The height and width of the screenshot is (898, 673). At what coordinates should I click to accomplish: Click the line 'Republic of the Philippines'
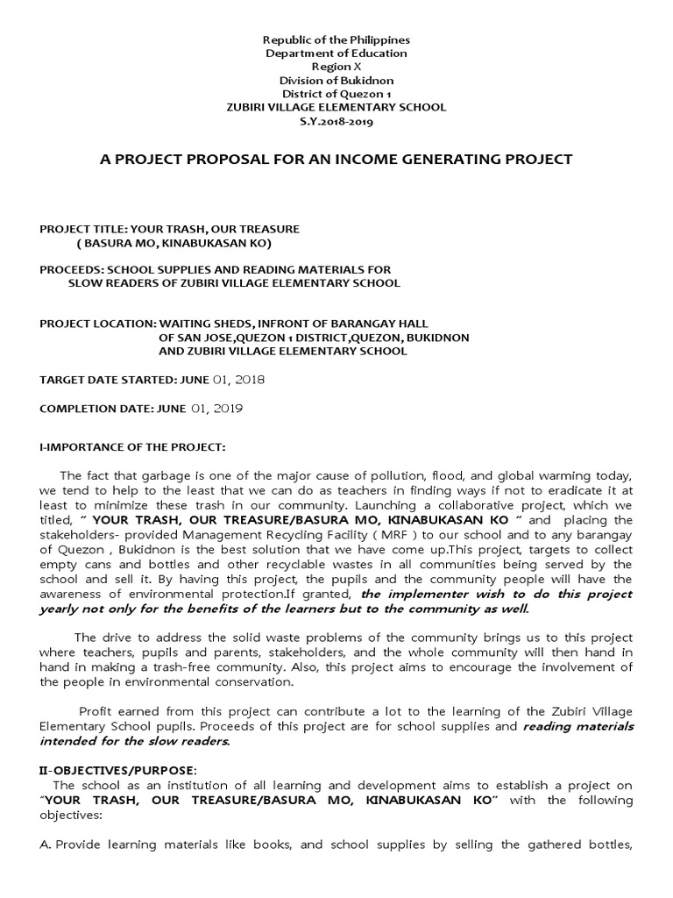(x=336, y=40)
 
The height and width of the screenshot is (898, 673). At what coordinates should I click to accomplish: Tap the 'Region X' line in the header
(x=336, y=67)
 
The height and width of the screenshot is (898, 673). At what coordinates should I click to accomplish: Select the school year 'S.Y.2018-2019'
(x=336, y=121)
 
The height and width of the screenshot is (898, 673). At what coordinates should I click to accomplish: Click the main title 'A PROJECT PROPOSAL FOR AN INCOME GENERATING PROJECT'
(x=336, y=159)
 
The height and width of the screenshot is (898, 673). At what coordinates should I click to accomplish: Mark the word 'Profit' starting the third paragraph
(x=96, y=711)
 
